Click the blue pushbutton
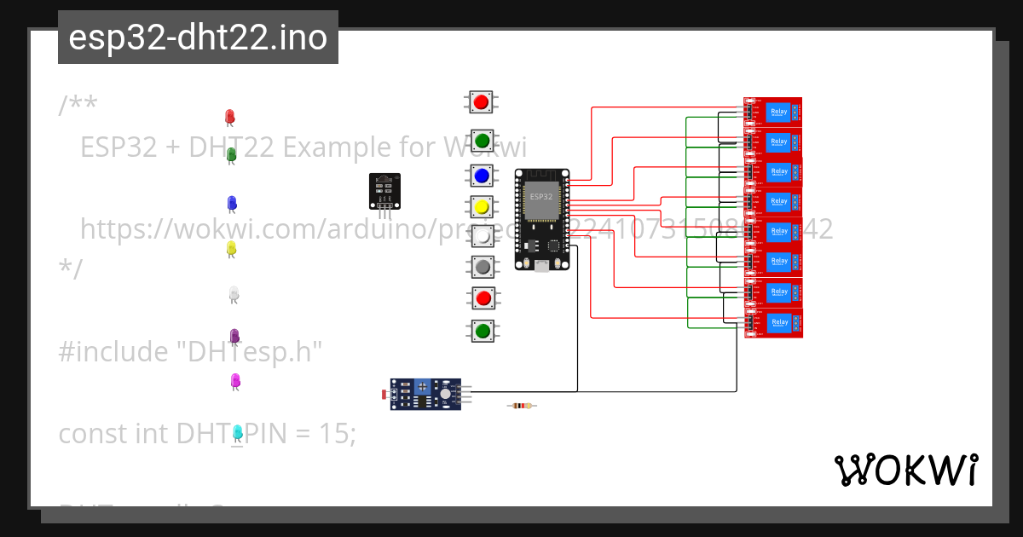coord(482,176)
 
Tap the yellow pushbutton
coord(482,207)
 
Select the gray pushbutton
coord(483,267)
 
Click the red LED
coord(229,117)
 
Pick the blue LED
coord(231,203)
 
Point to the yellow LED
coord(230,248)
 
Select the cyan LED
coord(238,433)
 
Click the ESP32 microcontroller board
coord(541,220)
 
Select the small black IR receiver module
coord(384,191)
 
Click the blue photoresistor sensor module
coord(425,394)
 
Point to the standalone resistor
coord(522,407)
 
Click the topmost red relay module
coord(773,112)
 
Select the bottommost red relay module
coord(773,323)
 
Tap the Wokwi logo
coord(905,471)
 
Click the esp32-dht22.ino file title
coord(198,38)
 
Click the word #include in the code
coord(114,351)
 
